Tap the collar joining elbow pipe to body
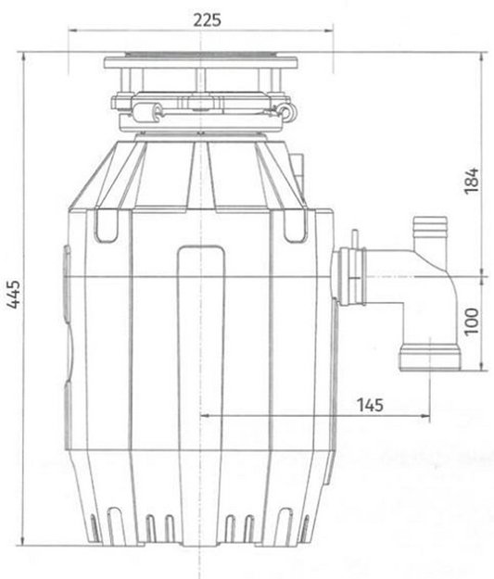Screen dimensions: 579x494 click(351, 277)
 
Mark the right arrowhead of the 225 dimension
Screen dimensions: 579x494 click(335, 33)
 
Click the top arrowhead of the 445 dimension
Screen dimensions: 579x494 click(27, 58)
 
